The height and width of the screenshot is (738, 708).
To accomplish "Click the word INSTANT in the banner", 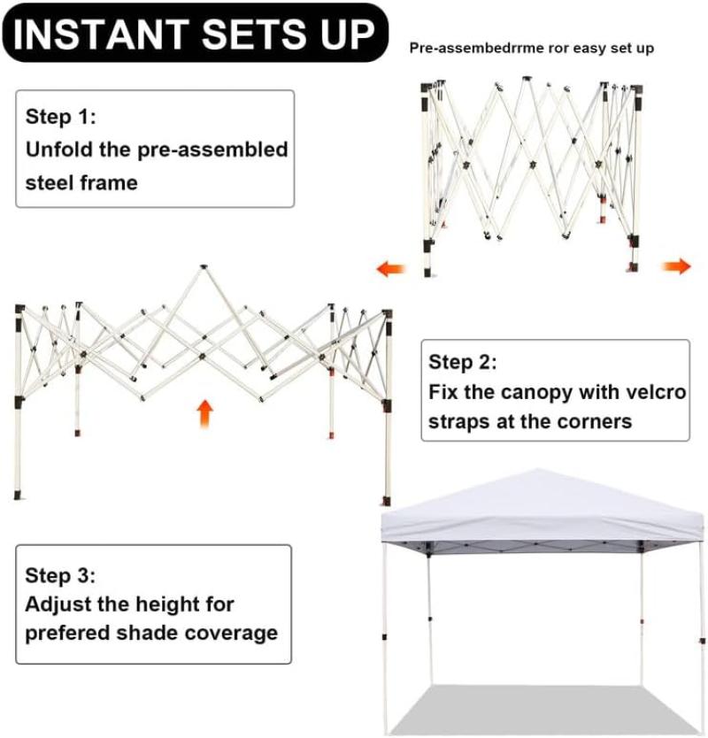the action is [x=101, y=35].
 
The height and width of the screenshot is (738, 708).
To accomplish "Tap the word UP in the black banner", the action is [x=348, y=35].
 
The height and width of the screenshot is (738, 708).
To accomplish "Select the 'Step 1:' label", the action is [x=61, y=116].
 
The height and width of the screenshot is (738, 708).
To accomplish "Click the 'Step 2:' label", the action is [x=462, y=362].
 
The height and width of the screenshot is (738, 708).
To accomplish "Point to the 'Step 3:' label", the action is [x=60, y=575].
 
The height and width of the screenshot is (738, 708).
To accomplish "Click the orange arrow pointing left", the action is [x=390, y=269].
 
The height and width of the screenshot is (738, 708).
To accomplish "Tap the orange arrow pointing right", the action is [x=676, y=266].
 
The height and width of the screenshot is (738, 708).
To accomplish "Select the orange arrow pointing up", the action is [x=204, y=414].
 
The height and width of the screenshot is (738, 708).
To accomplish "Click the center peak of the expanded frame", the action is [x=204, y=267].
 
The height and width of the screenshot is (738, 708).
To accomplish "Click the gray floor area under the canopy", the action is [x=543, y=709].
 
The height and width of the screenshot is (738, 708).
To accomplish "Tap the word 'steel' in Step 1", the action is [x=50, y=182].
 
